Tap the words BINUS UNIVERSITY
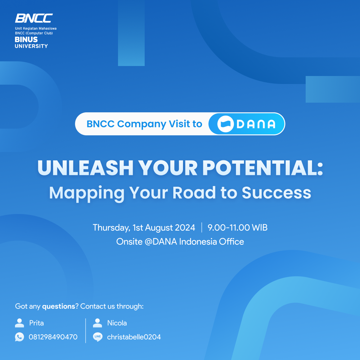click(x=31, y=43)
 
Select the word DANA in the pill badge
click(x=256, y=124)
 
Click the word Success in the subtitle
click(x=276, y=192)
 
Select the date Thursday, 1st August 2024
click(x=144, y=228)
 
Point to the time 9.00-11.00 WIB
click(x=237, y=228)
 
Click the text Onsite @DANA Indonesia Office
click(x=180, y=242)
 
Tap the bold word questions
click(x=59, y=306)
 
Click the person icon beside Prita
click(x=20, y=323)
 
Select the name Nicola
click(x=117, y=323)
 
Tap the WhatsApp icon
click(x=20, y=337)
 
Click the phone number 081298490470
click(x=53, y=337)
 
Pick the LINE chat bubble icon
click(x=97, y=337)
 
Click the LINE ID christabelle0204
click(x=134, y=337)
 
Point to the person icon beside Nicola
click(x=97, y=323)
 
